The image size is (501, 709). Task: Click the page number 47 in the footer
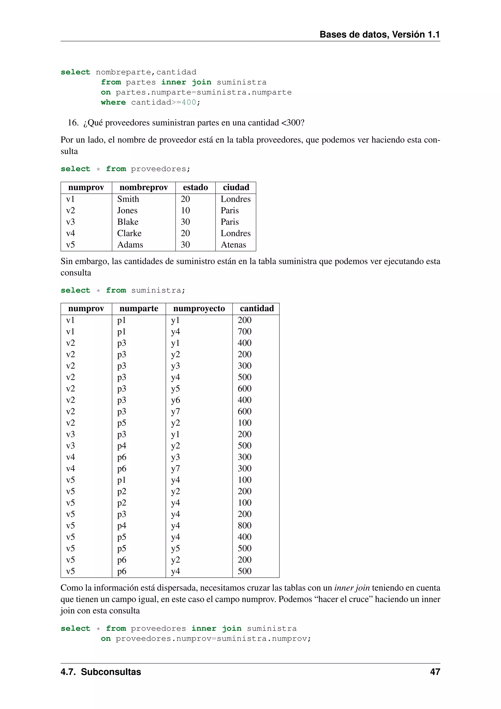(x=435, y=672)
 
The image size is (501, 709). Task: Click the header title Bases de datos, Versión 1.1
(x=379, y=34)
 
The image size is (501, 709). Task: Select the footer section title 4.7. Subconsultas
(x=101, y=672)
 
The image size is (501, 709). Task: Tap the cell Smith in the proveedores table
(x=128, y=199)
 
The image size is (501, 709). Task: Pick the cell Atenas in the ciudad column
(x=233, y=245)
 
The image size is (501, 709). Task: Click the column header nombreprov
(x=143, y=188)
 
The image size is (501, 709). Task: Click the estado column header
(x=195, y=188)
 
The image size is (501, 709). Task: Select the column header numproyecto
(x=199, y=308)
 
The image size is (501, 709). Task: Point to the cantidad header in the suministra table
(x=257, y=308)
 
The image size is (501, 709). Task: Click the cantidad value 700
(x=244, y=332)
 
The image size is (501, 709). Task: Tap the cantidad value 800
(x=244, y=526)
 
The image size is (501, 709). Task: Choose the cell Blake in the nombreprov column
(x=128, y=222)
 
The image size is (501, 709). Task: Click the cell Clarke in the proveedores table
(x=129, y=234)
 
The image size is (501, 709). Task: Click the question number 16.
(x=73, y=123)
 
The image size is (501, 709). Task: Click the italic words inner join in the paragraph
(x=352, y=588)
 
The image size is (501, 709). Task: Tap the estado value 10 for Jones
(x=185, y=211)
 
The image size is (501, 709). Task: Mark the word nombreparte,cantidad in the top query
(x=146, y=72)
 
